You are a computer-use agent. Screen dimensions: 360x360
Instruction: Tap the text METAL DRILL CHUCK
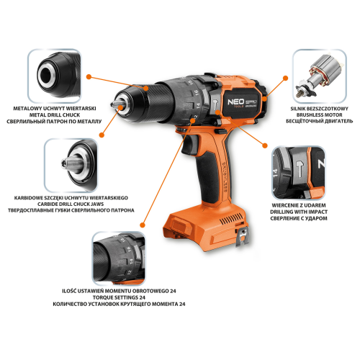pyautogui.click(x=55, y=115)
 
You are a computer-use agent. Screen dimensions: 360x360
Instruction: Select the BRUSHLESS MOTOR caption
pyautogui.click(x=319, y=115)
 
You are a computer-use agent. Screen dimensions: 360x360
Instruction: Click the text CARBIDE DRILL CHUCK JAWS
pyautogui.click(x=71, y=204)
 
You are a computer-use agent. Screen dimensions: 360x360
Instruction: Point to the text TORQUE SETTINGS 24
pyautogui.click(x=119, y=297)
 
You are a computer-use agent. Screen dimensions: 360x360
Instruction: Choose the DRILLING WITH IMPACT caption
pyautogui.click(x=299, y=212)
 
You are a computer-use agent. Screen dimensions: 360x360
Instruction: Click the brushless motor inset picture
pyautogui.click(x=320, y=76)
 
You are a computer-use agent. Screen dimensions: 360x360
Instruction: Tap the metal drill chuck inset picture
pyautogui.click(x=55, y=76)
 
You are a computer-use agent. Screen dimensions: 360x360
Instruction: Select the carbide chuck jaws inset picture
pyautogui.click(x=71, y=166)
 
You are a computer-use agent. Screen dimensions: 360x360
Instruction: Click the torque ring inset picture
pyautogui.click(x=119, y=258)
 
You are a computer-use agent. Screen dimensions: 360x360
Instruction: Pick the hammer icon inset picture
pyautogui.click(x=299, y=173)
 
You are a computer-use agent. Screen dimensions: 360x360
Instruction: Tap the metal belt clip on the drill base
pyautogui.click(x=243, y=237)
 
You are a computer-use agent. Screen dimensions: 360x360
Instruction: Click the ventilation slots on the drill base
pyautogui.click(x=231, y=218)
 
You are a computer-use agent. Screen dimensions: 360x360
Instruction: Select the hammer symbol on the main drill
pyautogui.click(x=215, y=104)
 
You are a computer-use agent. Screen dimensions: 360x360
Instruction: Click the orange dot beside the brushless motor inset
pyautogui.click(x=285, y=78)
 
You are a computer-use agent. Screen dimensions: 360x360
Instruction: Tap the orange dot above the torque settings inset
pyautogui.click(x=143, y=225)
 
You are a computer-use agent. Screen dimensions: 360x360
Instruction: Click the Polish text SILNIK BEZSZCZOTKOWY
pyautogui.click(x=319, y=109)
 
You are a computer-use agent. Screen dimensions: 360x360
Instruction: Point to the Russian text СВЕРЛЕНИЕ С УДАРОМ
pyautogui.click(x=299, y=218)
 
